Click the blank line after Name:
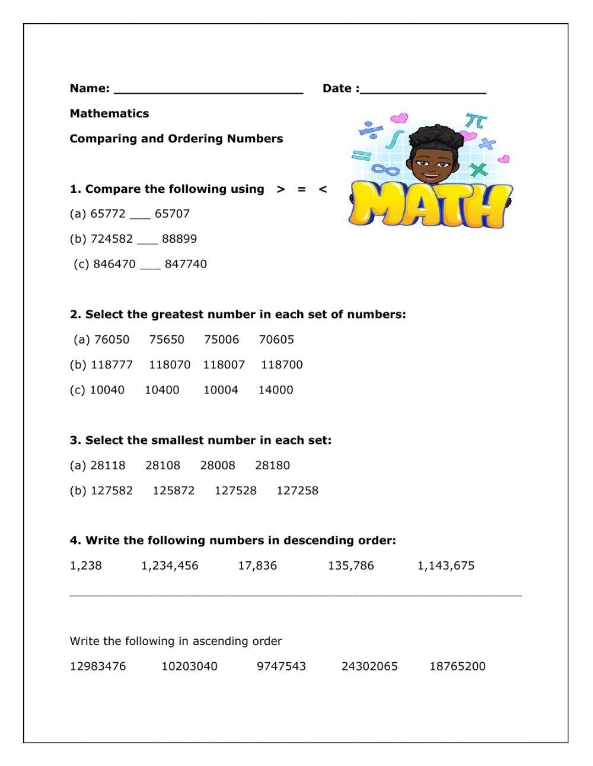(208, 91)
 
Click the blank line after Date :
(423, 91)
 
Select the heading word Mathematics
(109, 113)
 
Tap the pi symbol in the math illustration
(476, 122)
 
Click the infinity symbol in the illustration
(385, 170)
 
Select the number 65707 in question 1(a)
(172, 214)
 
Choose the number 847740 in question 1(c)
(186, 264)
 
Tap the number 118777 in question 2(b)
(111, 364)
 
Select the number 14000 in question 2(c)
(276, 390)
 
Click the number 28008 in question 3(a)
(218, 465)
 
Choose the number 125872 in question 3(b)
(173, 491)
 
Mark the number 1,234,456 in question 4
(170, 565)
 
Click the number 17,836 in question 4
(257, 565)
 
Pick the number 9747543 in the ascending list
(281, 666)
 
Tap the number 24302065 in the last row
(369, 666)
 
